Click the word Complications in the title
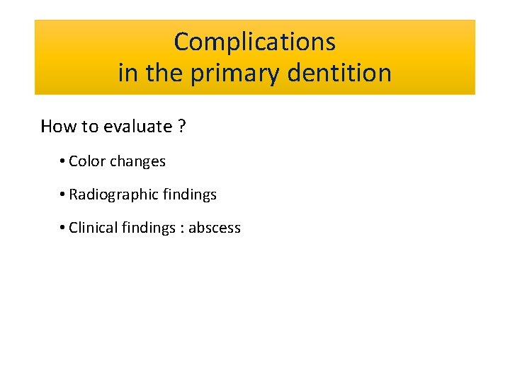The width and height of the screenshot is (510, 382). pyautogui.click(x=254, y=42)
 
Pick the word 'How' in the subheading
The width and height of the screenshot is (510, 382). pyautogui.click(x=57, y=127)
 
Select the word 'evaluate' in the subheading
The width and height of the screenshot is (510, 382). pyautogui.click(x=137, y=127)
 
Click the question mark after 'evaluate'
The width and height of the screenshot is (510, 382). pyautogui.click(x=182, y=127)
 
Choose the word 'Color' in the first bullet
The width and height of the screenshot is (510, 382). pyautogui.click(x=87, y=161)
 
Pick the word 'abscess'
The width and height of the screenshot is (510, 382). pyautogui.click(x=215, y=228)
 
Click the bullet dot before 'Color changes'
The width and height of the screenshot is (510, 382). pyautogui.click(x=63, y=162)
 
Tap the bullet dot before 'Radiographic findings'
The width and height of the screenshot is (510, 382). pyautogui.click(x=63, y=195)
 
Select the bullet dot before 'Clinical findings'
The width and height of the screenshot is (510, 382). pyautogui.click(x=63, y=228)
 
